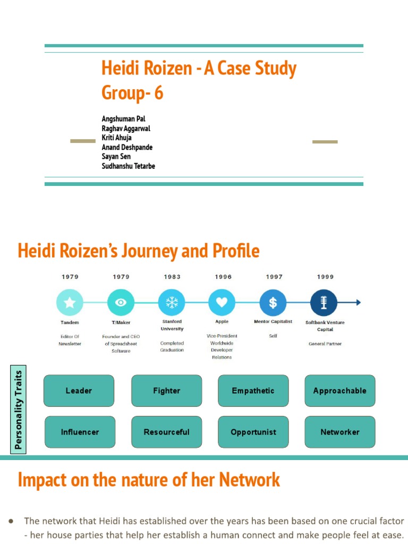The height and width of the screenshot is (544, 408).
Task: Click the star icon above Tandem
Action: click(70, 303)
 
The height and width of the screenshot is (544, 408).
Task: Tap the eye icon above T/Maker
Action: click(121, 303)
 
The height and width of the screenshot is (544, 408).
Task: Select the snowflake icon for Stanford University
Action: click(172, 303)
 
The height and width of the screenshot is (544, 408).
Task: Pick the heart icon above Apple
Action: click(222, 303)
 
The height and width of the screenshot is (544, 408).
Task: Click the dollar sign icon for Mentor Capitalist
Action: click(273, 303)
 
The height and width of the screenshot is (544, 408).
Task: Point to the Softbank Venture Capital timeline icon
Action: click(324, 303)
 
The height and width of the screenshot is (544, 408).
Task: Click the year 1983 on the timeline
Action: click(172, 277)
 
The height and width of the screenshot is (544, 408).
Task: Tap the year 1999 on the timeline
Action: click(325, 277)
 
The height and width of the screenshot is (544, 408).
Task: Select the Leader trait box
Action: click(79, 390)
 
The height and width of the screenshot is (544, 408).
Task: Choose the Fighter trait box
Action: click(167, 390)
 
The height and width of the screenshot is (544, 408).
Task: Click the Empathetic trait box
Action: click(253, 390)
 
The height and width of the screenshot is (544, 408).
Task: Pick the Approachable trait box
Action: click(339, 390)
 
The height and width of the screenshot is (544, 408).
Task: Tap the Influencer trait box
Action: click(80, 432)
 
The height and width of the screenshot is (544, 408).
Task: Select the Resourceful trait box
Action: click(167, 432)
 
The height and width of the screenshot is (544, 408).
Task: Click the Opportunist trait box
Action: click(253, 432)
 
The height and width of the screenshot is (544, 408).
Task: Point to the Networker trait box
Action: click(339, 432)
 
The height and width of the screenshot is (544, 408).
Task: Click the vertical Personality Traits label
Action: click(19, 410)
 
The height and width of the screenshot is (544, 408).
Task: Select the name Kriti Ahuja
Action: click(116, 138)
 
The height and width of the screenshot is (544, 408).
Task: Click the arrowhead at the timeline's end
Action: click(359, 303)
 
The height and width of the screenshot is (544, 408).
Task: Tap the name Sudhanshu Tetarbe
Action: click(128, 166)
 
